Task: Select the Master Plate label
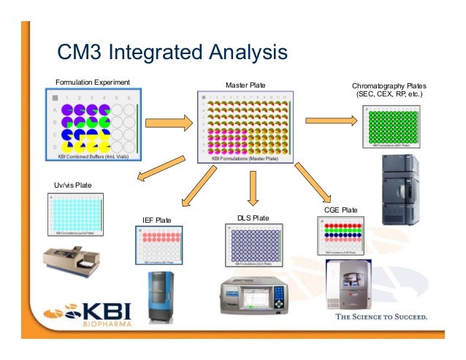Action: click(245, 85)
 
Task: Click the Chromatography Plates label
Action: click(388, 90)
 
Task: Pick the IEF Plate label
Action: click(156, 220)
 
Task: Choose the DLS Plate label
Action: click(253, 218)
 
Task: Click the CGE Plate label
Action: click(340, 210)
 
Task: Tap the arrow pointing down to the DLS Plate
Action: click(253, 188)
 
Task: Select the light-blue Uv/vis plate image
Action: click(76, 215)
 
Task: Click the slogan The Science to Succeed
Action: click(381, 317)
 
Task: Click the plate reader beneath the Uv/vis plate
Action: click(70, 264)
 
